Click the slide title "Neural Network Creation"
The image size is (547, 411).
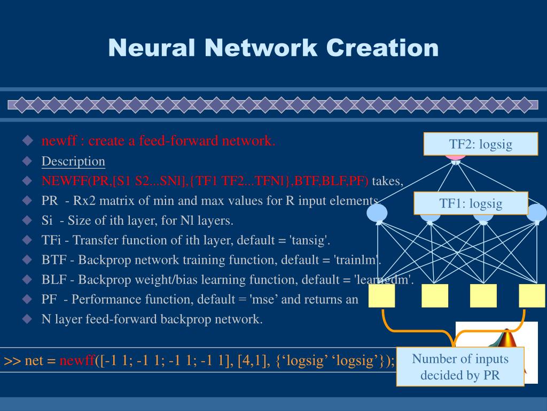point(273,48)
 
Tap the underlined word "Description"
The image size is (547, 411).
point(73,161)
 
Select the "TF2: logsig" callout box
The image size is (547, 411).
point(480,144)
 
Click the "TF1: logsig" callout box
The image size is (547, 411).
point(471,203)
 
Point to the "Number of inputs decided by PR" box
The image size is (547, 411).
point(460,367)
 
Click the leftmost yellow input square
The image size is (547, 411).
point(381,295)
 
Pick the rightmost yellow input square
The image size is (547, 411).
point(532,295)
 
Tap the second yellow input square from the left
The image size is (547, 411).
point(435,295)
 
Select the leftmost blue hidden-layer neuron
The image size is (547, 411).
point(377,214)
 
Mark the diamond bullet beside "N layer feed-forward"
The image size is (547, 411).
point(28,319)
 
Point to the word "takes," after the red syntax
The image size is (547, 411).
point(387,181)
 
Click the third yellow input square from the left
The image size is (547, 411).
point(483,295)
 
